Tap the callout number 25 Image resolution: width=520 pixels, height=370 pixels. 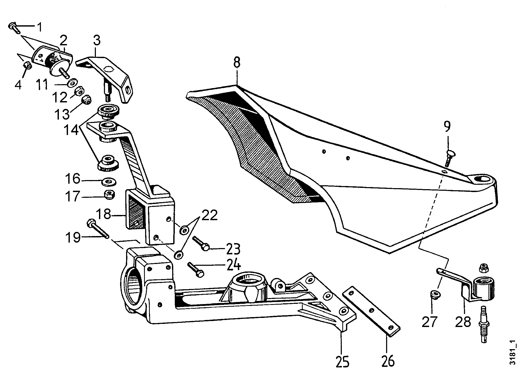pyautogui.click(x=342, y=361)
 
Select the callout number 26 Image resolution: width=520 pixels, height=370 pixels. pyautogui.click(x=387, y=361)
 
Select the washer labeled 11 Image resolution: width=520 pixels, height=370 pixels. pyautogui.click(x=72, y=83)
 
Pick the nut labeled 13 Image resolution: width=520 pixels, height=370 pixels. pyautogui.click(x=85, y=100)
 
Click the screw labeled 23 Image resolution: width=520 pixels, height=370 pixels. pyautogui.click(x=201, y=243)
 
